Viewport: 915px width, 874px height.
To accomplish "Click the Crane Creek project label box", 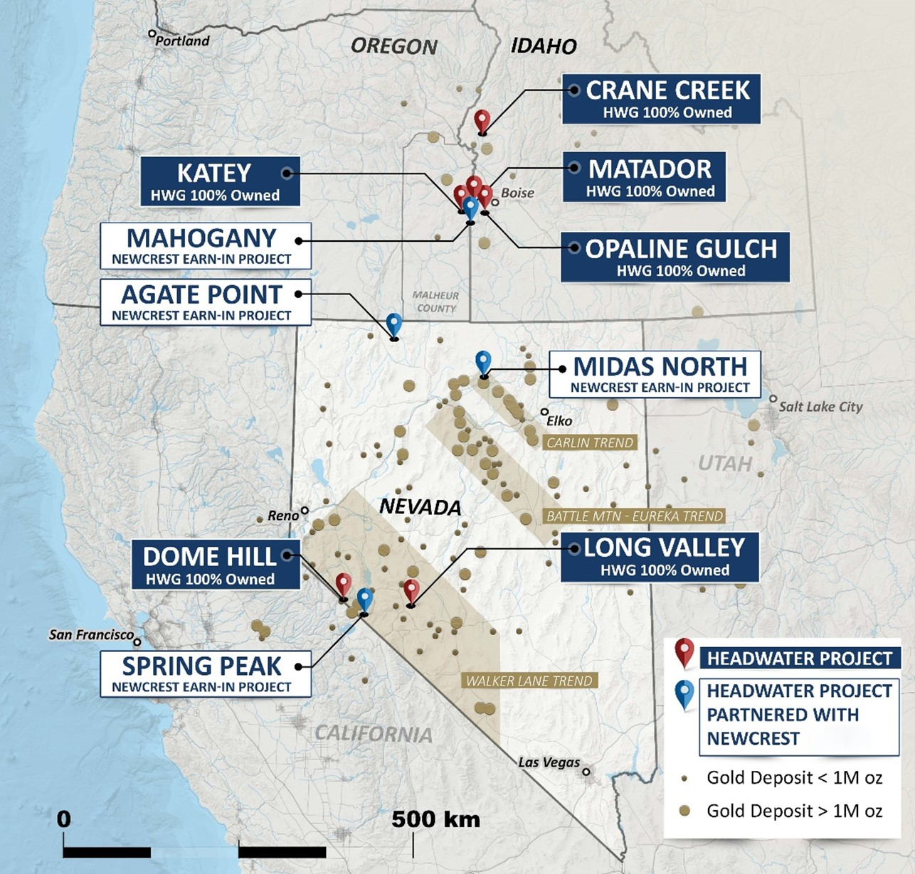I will pyautogui.click(x=660, y=99).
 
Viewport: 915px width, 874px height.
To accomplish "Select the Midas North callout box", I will pyautogui.click(x=655, y=374).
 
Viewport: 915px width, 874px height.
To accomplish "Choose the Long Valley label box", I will pyautogui.click(x=660, y=557).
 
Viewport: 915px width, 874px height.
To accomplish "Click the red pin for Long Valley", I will pyautogui.click(x=411, y=591).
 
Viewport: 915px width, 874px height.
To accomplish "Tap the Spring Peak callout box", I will pyautogui.click(x=205, y=673).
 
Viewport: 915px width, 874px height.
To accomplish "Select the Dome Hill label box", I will pyautogui.click(x=216, y=565).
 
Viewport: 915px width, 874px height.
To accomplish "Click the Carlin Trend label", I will pyautogui.click(x=589, y=442).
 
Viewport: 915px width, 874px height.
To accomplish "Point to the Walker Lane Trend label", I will pyautogui.click(x=529, y=681).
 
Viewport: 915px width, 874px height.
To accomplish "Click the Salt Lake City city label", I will pyautogui.click(x=820, y=407).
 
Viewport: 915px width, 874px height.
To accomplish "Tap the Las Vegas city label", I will pyautogui.click(x=549, y=762).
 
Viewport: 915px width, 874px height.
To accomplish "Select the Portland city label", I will pyautogui.click(x=182, y=41).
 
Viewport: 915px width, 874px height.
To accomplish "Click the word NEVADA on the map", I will pyautogui.click(x=420, y=507).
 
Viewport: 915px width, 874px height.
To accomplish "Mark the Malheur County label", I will pyautogui.click(x=436, y=302).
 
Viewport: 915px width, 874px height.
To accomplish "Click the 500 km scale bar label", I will pyautogui.click(x=435, y=819).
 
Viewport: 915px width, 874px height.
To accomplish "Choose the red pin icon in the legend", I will pyautogui.click(x=684, y=651).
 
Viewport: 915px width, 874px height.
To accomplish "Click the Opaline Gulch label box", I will pyautogui.click(x=675, y=257).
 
